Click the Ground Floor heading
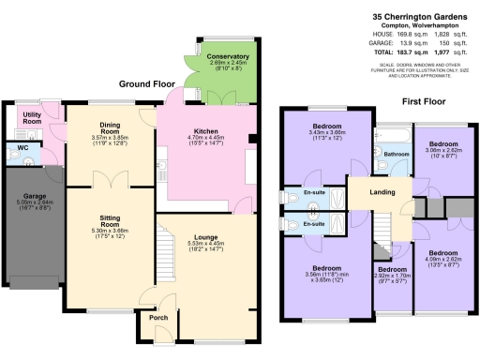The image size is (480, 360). click(x=142, y=83)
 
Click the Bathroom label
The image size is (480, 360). click(x=395, y=154)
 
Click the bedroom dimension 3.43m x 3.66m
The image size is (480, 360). click(x=326, y=132)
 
